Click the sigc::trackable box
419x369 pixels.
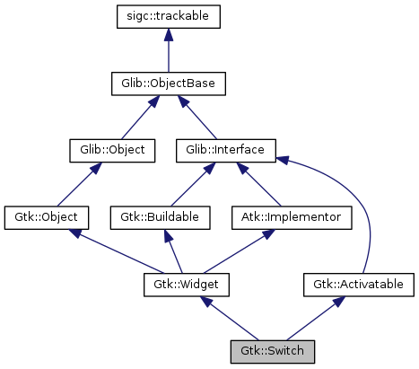click(x=168, y=16)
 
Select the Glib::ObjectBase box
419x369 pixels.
click(x=168, y=84)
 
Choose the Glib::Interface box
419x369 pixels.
click(x=225, y=150)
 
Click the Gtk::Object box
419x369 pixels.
click(x=47, y=216)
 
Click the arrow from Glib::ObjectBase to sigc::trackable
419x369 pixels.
click(x=168, y=50)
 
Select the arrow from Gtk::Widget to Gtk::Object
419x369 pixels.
click(x=117, y=250)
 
